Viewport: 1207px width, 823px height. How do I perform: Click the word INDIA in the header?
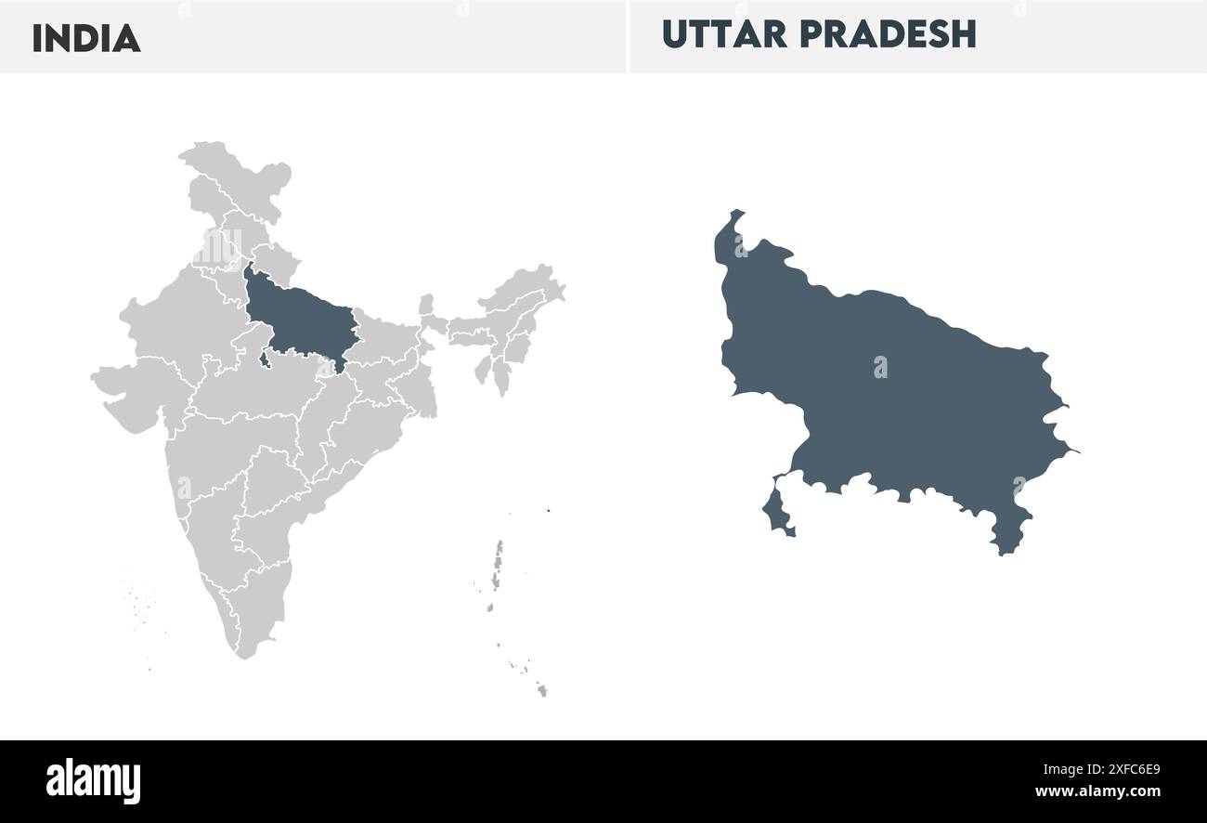pyautogui.click(x=86, y=38)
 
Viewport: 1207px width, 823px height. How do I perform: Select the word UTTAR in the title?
pyautogui.click(x=725, y=34)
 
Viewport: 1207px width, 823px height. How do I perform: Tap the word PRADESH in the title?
pyautogui.click(x=888, y=34)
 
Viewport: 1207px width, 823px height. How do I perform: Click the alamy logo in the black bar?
pyautogui.click(x=93, y=781)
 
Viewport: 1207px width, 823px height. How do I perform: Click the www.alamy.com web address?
pyautogui.click(x=1097, y=792)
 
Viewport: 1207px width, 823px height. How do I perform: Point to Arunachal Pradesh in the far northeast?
pyautogui.click(x=525, y=283)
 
